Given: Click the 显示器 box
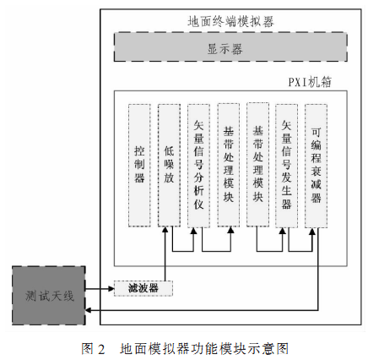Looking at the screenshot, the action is coord(230,47).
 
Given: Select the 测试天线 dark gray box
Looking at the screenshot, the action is coord(49,296).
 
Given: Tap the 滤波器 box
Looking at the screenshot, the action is coord(143,288).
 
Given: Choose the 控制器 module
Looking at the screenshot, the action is coord(139,166).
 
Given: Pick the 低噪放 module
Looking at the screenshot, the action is coord(169,166).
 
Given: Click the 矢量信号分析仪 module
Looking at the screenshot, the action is coord(198,166).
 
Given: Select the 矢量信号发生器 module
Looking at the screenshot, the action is coord(286,166).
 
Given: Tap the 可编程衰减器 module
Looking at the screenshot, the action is coord(316,166).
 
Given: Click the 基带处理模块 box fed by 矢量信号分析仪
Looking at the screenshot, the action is coord(229,165).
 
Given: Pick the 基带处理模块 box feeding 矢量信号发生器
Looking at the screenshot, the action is coord(257,165).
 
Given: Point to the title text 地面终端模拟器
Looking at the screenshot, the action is coord(230,22).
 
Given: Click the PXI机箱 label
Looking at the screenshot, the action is coord(310,82).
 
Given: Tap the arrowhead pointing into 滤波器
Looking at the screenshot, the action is coord(111,288).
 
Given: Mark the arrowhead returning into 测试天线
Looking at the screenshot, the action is coord(88,310).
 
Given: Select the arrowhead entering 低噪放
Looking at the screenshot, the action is coord(165,230).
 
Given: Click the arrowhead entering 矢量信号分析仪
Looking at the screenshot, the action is coord(193,231).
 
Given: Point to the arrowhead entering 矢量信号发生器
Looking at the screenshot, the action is coord(283,231).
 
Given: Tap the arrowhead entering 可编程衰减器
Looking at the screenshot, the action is coord(312,231).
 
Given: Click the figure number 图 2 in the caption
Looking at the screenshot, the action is coord(93,349).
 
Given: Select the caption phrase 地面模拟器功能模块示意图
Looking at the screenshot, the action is coord(204,349).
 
